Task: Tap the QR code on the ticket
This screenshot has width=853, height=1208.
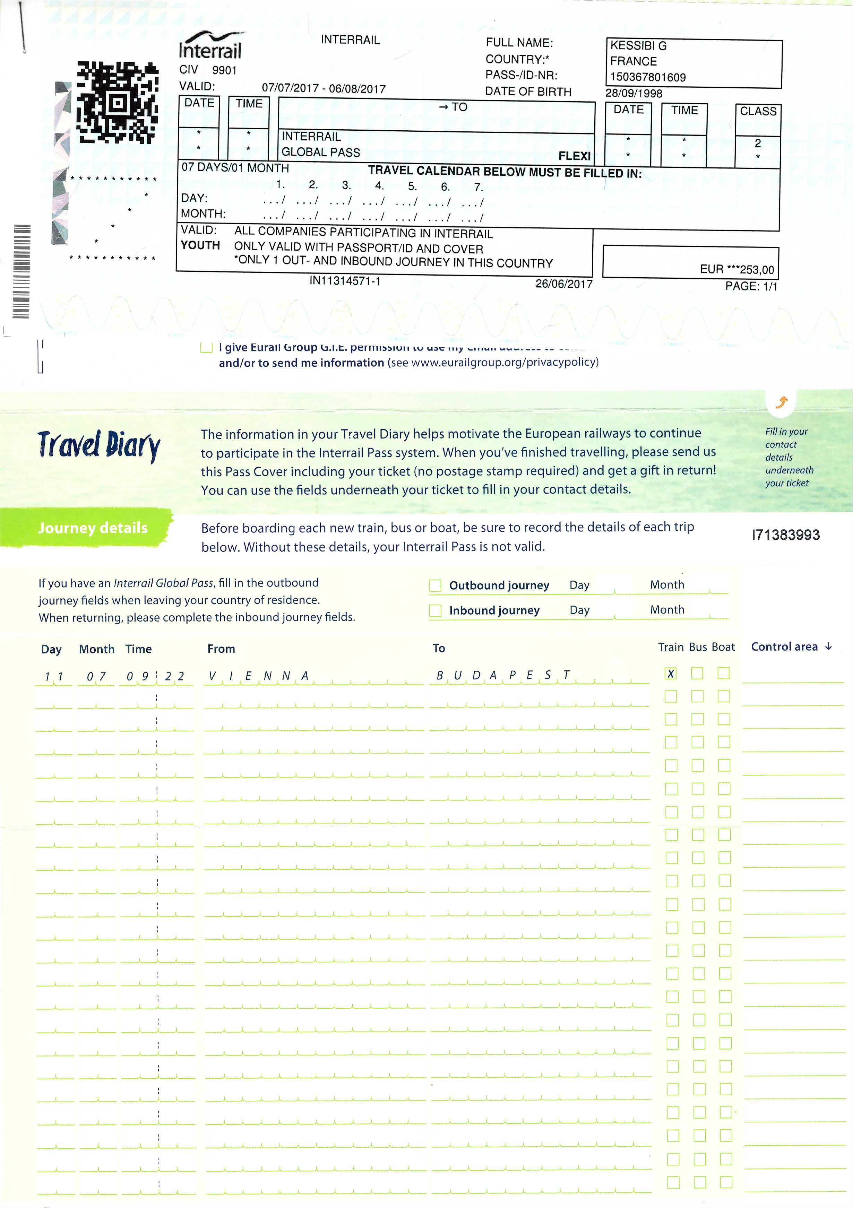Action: (117, 103)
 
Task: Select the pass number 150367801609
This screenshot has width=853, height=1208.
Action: (648, 77)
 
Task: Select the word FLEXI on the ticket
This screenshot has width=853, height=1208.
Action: (574, 156)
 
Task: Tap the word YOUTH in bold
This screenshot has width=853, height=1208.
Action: (200, 245)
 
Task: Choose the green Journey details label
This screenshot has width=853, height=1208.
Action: (93, 528)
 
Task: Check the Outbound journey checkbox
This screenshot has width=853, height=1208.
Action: (435, 585)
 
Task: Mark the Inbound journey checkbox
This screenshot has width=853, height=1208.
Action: (435, 610)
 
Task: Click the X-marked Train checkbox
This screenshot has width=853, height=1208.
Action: (670, 673)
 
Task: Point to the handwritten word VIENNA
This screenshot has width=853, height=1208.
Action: (258, 676)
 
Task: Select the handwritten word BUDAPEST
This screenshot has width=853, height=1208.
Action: (502, 675)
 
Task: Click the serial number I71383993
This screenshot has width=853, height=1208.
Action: (785, 535)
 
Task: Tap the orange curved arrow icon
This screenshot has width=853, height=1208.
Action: (782, 402)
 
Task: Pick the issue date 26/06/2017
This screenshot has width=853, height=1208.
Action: (563, 284)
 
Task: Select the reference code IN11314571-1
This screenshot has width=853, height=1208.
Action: (345, 281)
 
